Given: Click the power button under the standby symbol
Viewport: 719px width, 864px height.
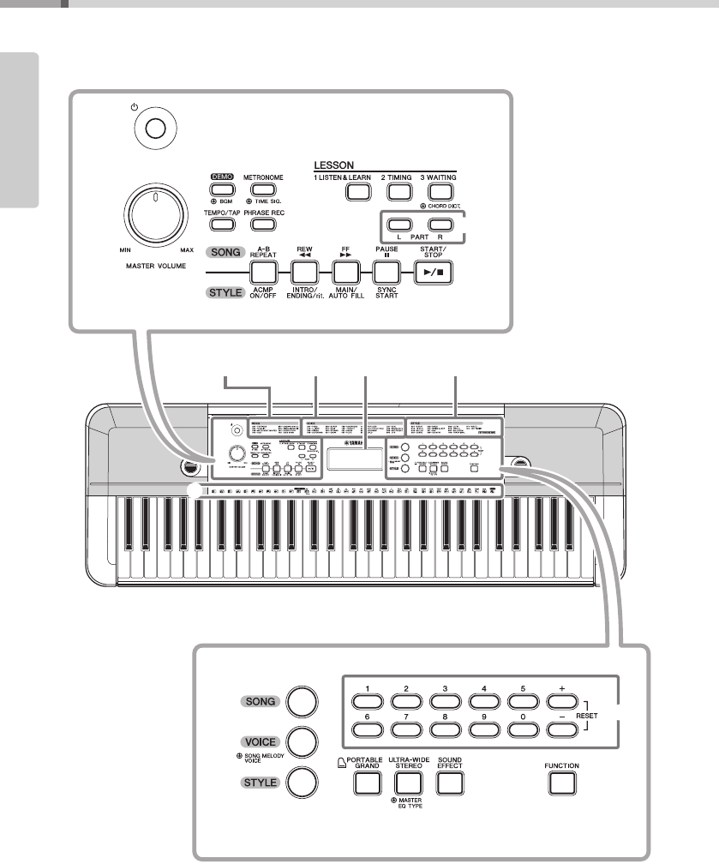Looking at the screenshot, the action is tap(154, 129).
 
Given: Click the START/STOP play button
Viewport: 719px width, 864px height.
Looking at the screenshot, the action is tap(434, 273).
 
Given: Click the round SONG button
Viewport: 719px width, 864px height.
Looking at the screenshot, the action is tap(302, 700).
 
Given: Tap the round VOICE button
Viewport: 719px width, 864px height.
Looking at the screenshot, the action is tap(302, 740).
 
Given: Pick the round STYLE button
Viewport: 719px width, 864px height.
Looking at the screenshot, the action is tap(302, 781).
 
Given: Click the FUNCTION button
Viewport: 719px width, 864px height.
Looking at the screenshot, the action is tap(560, 782).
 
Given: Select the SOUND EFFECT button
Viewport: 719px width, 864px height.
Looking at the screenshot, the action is tap(450, 782).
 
